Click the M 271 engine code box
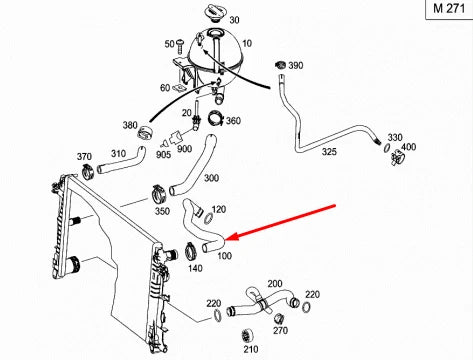point(449,9)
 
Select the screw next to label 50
point(180,47)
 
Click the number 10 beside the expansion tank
point(247,44)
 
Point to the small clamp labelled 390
point(281,65)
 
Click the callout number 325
point(329,152)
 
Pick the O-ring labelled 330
point(387,148)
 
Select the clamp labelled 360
point(216,119)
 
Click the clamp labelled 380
point(145,134)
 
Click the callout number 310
point(118,154)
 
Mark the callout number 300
point(211,178)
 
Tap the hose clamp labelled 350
point(159,194)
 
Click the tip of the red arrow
point(226,240)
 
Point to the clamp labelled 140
point(190,251)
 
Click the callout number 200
point(275,284)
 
